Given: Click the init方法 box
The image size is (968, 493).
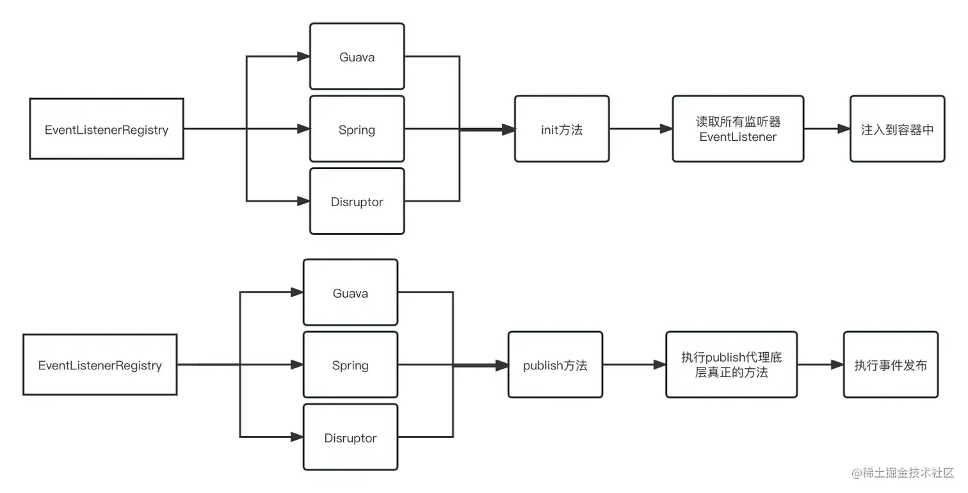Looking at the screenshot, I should (x=561, y=129).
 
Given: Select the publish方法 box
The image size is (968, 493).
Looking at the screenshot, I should (x=555, y=365).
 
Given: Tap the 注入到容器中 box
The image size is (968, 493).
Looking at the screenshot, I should (x=897, y=129).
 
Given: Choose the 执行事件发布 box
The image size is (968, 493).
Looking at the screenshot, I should (x=891, y=365).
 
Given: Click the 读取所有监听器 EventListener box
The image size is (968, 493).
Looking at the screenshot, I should (x=738, y=129).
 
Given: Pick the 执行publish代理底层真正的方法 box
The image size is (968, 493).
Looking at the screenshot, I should (x=731, y=365).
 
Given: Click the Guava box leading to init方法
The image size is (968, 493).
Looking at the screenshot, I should (x=357, y=57).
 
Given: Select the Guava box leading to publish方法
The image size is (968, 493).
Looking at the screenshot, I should (x=350, y=293).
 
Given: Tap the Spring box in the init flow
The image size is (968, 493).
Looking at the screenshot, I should (x=357, y=129).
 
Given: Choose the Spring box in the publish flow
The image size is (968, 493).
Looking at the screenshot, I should (x=350, y=365).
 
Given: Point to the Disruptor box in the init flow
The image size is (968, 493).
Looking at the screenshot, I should (x=357, y=202).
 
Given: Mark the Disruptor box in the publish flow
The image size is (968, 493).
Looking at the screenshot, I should (x=350, y=438).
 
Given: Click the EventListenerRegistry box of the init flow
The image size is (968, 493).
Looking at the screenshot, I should (x=106, y=129).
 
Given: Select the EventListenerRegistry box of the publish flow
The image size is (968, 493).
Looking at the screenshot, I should (x=100, y=365).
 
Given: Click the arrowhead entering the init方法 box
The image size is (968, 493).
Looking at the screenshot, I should (x=508, y=129).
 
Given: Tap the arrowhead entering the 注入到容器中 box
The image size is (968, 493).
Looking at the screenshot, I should (x=844, y=129).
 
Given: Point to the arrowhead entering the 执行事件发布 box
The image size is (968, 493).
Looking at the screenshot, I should (x=837, y=365).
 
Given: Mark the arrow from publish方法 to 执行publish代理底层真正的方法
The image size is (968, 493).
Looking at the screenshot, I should (x=634, y=365).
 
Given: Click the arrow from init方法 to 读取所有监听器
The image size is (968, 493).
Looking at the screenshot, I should (x=640, y=129).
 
